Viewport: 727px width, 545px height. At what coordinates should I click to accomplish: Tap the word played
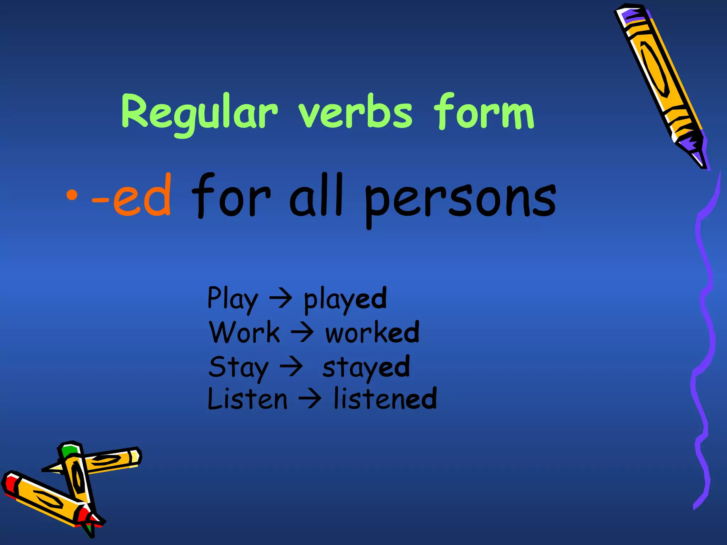click(345, 299)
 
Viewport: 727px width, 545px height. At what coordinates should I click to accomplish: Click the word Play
click(233, 299)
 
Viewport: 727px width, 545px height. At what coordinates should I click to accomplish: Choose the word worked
click(372, 333)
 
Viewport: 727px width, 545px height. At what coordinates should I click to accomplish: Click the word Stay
click(238, 368)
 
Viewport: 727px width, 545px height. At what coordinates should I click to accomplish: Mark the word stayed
click(366, 368)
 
